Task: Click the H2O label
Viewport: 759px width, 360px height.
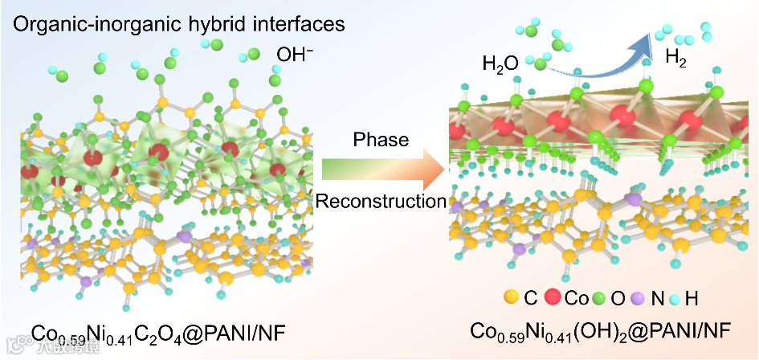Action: pos(500,63)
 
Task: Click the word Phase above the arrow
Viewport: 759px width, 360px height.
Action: pos(381,139)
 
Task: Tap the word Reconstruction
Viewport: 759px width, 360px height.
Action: pos(381,201)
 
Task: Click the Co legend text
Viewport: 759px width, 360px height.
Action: pos(576,298)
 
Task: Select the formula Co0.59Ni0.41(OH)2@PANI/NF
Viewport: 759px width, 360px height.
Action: pos(600,330)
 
